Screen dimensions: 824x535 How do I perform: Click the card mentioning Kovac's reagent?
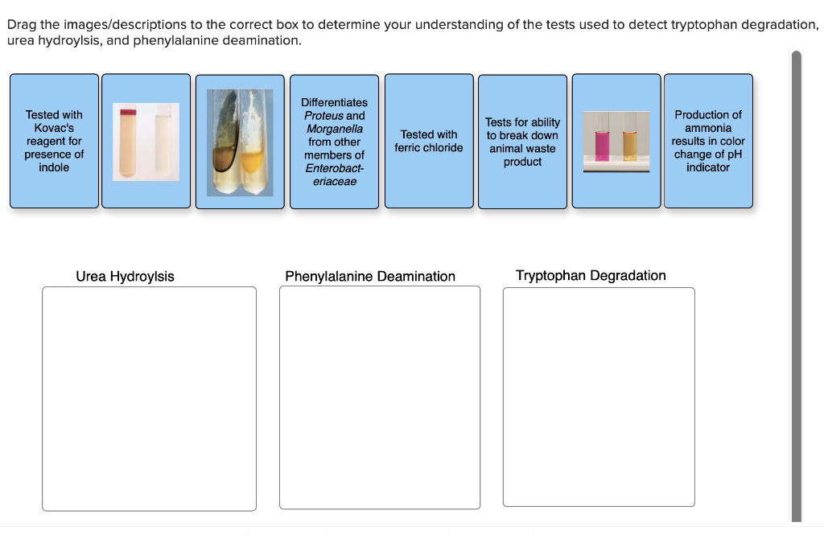click(54, 141)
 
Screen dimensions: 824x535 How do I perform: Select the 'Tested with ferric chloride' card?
click(429, 141)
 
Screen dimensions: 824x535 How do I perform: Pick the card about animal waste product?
click(522, 142)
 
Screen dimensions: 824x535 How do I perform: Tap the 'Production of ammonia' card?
click(707, 141)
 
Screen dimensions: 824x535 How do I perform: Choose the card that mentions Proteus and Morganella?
click(334, 141)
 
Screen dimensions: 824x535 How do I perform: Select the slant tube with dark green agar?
click(226, 141)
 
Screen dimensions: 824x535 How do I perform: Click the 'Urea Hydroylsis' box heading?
click(125, 277)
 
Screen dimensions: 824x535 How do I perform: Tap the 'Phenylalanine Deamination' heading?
click(370, 277)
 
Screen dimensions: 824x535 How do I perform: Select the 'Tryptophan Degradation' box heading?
click(591, 276)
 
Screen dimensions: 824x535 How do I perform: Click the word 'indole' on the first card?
click(54, 167)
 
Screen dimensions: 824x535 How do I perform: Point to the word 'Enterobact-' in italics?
click(334, 168)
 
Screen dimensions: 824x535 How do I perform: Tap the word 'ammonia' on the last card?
click(708, 128)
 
